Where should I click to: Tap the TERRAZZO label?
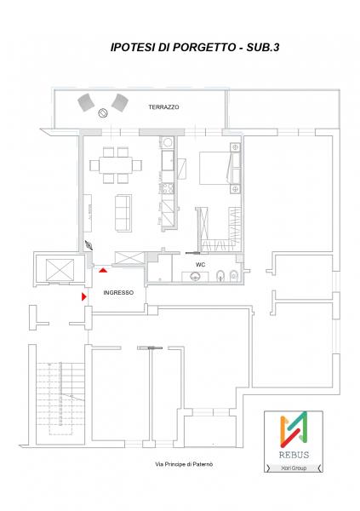163,107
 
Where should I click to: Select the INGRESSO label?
118,293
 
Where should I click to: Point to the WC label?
200,265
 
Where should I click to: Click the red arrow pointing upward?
103,270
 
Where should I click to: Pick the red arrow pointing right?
83,296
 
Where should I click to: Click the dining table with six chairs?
116,165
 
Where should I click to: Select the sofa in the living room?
123,213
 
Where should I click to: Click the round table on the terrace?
103,113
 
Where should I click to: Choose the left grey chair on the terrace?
86,102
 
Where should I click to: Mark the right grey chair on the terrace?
119,103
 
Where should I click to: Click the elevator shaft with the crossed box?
60,270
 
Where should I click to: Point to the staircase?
60,399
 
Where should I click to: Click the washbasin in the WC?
195,276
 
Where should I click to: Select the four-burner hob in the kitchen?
169,187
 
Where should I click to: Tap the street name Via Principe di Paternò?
184,464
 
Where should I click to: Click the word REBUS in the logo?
294,455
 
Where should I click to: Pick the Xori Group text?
294,468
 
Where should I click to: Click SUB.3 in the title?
263,47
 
